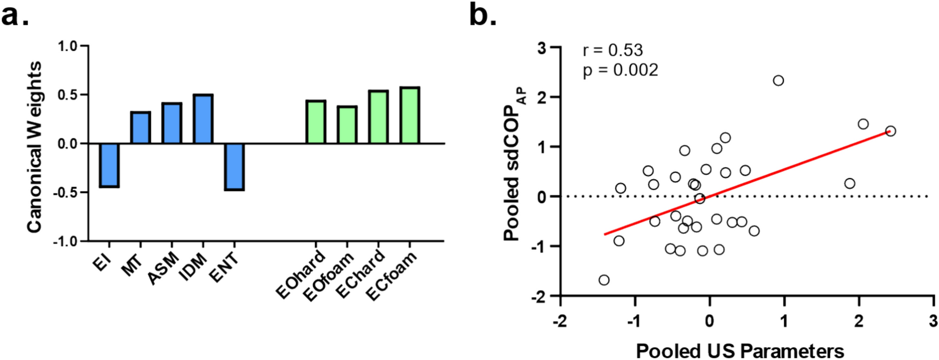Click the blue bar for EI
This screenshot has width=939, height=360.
(x=109, y=165)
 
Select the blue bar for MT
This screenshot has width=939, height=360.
(x=141, y=128)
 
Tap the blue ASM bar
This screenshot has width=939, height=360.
(x=172, y=123)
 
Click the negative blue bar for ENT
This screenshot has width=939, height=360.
(x=234, y=167)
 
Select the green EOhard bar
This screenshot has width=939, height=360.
(x=316, y=122)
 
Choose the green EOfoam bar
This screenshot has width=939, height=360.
(x=347, y=125)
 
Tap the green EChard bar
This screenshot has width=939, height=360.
(x=378, y=117)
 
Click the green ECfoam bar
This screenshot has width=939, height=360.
(x=409, y=116)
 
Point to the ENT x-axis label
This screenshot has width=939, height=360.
(x=224, y=268)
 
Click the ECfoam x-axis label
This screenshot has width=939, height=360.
(x=392, y=276)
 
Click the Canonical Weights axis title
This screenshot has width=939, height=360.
(x=34, y=147)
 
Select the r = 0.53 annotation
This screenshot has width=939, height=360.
(x=612, y=50)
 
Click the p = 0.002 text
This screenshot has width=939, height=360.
(x=620, y=70)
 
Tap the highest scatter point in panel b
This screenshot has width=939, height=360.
(x=778, y=80)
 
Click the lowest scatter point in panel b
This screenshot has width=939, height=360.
(x=604, y=280)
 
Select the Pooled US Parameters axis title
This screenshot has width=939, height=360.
(x=739, y=351)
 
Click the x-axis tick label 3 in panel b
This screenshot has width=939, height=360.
(x=933, y=321)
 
